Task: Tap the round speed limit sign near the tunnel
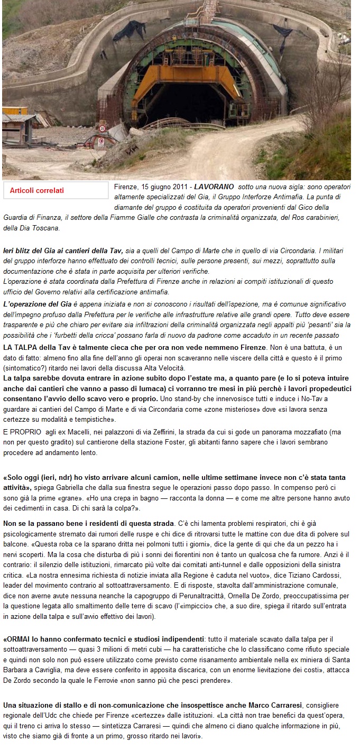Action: point(103,128)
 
